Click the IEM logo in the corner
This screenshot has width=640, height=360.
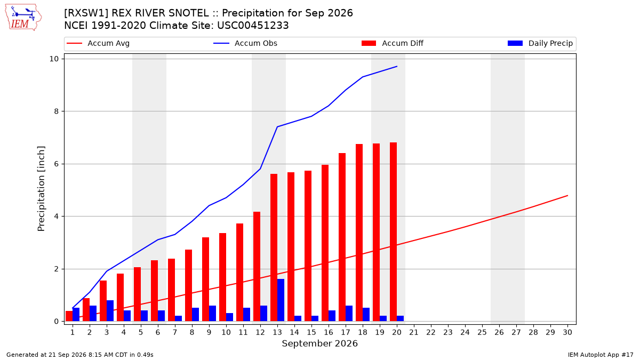[23, 18]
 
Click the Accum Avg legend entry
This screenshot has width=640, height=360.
[98, 43]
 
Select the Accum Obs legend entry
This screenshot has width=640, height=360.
[245, 43]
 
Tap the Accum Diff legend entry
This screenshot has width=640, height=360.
[393, 43]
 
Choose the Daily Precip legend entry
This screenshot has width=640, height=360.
[540, 43]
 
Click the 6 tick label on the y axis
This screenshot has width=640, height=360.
[56, 164]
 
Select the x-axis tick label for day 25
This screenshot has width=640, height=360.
[482, 332]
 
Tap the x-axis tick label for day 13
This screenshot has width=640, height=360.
[277, 332]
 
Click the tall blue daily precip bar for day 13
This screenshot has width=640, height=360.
[281, 300]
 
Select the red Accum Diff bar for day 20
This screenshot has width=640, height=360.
[393, 231]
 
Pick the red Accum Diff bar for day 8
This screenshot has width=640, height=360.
[188, 285]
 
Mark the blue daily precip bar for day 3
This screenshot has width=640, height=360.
[110, 310]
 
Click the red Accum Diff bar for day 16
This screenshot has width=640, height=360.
[325, 243]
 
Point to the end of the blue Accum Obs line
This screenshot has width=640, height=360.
[397, 66]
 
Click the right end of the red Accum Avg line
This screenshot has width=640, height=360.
[567, 196]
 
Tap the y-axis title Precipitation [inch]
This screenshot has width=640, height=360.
[41, 189]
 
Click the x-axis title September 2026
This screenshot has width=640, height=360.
[319, 343]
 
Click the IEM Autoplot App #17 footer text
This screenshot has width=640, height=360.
[601, 355]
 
